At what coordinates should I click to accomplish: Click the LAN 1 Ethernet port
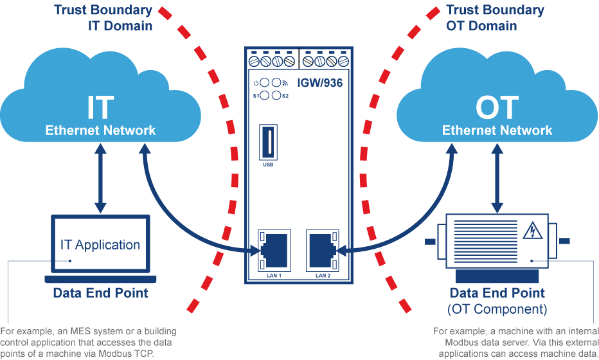point(274,251)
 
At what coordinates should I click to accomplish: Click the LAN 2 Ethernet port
point(323,251)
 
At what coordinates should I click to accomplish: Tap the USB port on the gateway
point(268,142)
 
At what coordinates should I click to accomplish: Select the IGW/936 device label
point(320,83)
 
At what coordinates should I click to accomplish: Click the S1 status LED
point(265,95)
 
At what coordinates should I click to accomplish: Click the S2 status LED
point(276,95)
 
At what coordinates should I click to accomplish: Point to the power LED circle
point(265,82)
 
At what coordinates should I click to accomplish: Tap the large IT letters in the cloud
point(100,107)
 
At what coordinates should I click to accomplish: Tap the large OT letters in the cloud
point(497,107)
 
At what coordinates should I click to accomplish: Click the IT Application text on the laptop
point(100,244)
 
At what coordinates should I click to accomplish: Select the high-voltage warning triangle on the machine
point(532,230)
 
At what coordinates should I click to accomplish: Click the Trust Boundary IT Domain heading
point(103,17)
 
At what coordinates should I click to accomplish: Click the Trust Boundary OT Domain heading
point(495,17)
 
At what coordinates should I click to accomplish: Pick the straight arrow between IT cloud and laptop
point(100,178)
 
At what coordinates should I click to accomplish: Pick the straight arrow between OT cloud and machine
point(497,178)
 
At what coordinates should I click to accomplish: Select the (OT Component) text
point(497,309)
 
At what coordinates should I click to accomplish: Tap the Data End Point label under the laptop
point(100,292)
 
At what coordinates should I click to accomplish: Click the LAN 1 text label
point(274,276)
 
